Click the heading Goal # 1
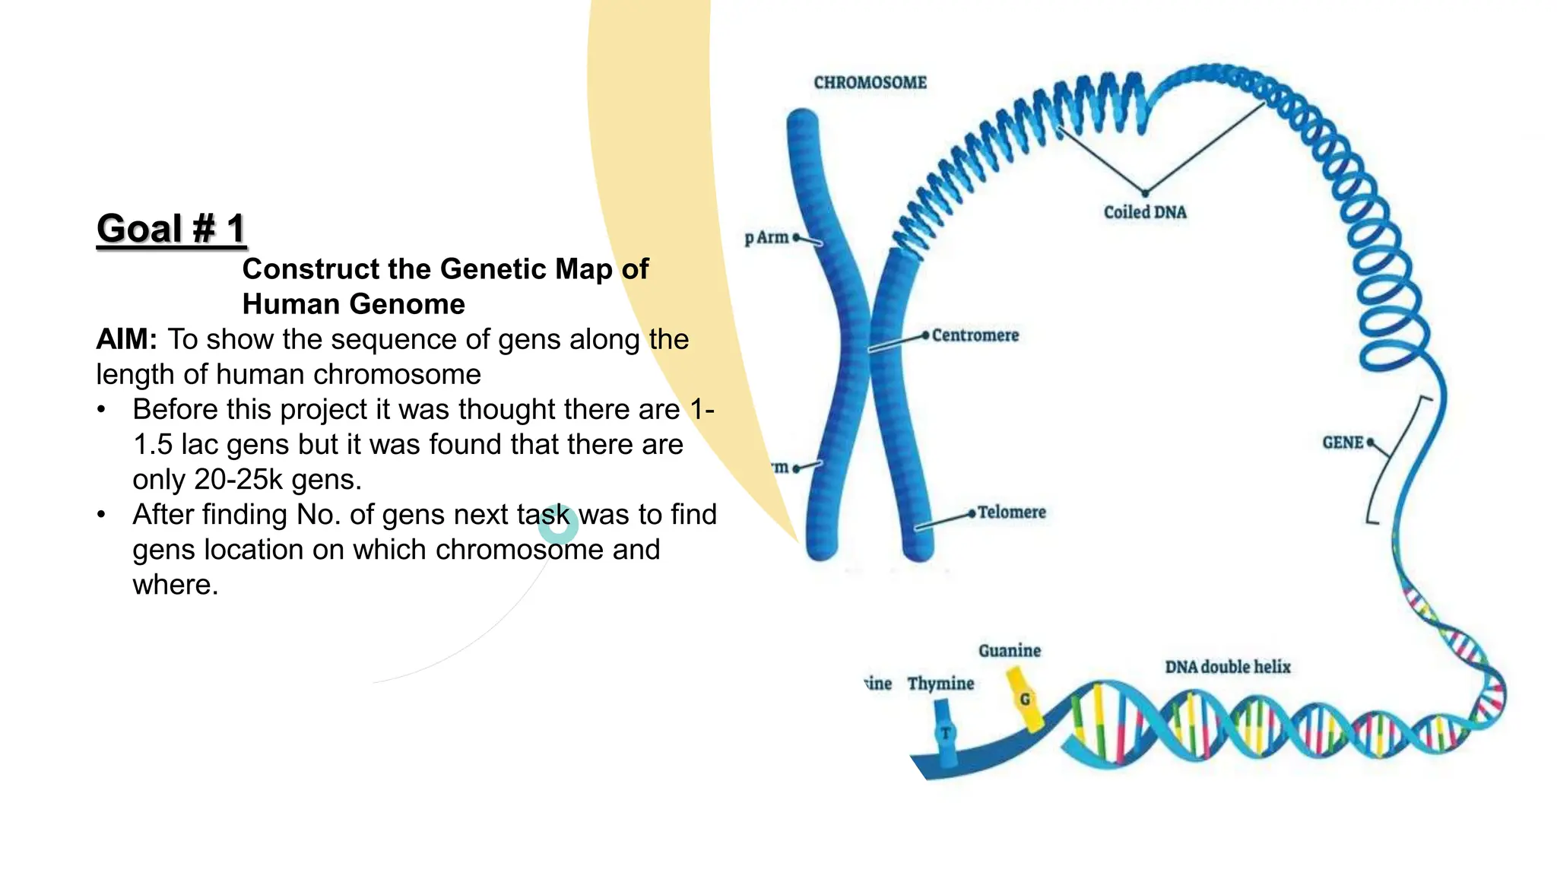[x=171, y=229]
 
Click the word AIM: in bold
[x=126, y=339]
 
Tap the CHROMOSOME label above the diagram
[x=870, y=83]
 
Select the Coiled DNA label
[x=1144, y=213]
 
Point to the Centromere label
[x=975, y=335]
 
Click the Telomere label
[x=1011, y=513]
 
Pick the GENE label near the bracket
[x=1343, y=443]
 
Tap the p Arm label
[x=767, y=238]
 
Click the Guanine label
[x=1009, y=651]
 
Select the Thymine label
[x=940, y=684]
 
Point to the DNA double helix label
[x=1227, y=667]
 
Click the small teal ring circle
[x=558, y=524]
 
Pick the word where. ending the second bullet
[x=175, y=585]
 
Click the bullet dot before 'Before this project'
[x=101, y=410]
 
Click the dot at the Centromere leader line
[x=925, y=335]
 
